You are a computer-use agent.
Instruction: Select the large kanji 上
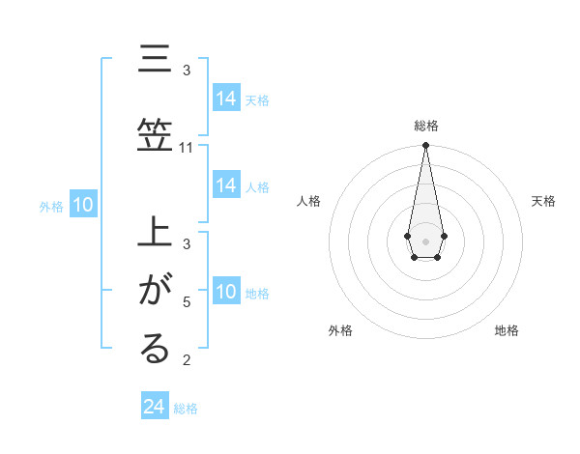pyautogui.click(x=155, y=234)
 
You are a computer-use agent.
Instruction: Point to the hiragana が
pyautogui.click(x=155, y=290)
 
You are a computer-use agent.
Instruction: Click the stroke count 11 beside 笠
pyautogui.click(x=187, y=148)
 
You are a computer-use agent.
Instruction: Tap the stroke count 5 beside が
pyautogui.click(x=187, y=301)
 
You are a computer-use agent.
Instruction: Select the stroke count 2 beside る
pyautogui.click(x=187, y=360)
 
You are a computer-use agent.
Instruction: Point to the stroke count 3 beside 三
pyautogui.click(x=187, y=71)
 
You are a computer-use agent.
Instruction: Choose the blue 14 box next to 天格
pyautogui.click(x=226, y=99)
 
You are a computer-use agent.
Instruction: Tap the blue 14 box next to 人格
pyautogui.click(x=226, y=185)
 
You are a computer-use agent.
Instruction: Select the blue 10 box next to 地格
pyautogui.click(x=226, y=292)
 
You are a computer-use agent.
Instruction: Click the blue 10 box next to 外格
pyautogui.click(x=82, y=205)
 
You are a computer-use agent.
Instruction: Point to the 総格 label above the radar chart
pyautogui.click(x=425, y=126)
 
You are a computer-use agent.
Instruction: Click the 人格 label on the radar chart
pyautogui.click(x=309, y=201)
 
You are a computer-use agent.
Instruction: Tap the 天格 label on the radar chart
pyautogui.click(x=543, y=201)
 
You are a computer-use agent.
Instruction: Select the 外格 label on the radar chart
pyautogui.click(x=340, y=330)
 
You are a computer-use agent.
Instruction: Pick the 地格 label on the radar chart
pyautogui.click(x=507, y=330)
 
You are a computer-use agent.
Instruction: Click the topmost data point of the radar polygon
pyautogui.click(x=425, y=146)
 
